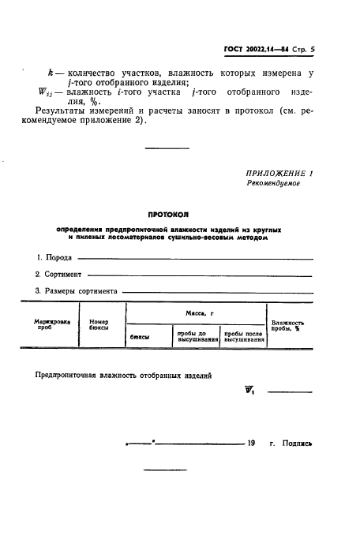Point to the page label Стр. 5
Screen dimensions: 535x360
pyautogui.click(x=302, y=49)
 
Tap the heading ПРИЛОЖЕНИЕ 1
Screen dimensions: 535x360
pyautogui.click(x=279, y=172)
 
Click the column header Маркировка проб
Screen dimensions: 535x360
pyautogui.click(x=52, y=325)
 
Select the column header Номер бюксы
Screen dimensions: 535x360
pyautogui.click(x=99, y=325)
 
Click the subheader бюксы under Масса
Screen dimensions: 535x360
pyautogui.click(x=140, y=337)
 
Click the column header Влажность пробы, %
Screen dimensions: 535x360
pyautogui.click(x=287, y=325)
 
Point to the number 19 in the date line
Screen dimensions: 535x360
pyautogui.click(x=251, y=443)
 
